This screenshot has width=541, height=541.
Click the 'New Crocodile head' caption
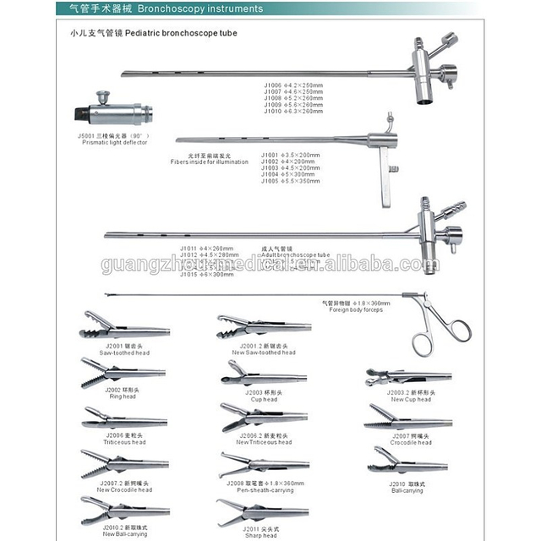point(124,489)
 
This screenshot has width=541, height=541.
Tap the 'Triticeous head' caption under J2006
point(125,441)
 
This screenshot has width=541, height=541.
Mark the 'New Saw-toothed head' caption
point(264,352)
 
